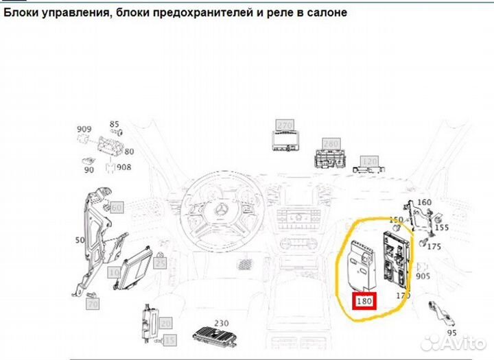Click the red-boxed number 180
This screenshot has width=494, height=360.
(365, 300)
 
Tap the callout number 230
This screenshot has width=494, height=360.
(221, 322)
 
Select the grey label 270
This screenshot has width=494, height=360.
(284, 125)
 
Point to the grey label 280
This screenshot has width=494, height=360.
(331, 143)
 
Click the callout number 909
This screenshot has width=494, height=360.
(84, 129)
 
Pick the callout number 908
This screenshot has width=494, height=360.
(123, 167)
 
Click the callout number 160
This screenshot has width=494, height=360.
(425, 202)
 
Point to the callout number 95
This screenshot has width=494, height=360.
(451, 333)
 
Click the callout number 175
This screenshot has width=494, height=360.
(434, 246)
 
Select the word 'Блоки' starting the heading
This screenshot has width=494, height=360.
(21, 12)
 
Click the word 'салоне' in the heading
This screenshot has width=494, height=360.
(322, 12)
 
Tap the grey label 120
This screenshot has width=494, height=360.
(370, 161)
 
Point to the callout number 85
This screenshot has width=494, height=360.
(114, 124)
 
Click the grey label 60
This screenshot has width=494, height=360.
(116, 206)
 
